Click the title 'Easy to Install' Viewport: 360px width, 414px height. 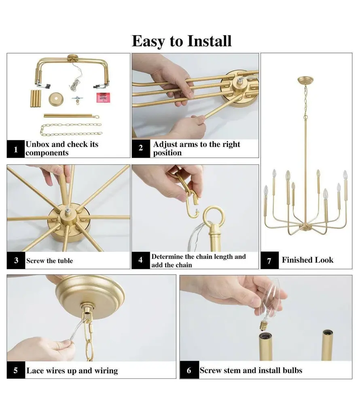click(182, 41)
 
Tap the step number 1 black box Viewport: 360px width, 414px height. click(16, 149)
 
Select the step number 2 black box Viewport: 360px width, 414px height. click(141, 148)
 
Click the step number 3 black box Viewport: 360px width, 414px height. click(16, 261)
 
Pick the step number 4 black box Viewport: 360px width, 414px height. click(141, 260)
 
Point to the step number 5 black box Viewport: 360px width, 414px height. click(16, 370)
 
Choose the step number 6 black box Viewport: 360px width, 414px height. click(189, 370)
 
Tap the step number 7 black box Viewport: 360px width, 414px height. click(270, 261)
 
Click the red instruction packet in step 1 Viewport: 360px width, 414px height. click(103, 97)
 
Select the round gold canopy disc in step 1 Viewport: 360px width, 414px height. click(56, 99)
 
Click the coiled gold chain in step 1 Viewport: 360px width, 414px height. click(71, 129)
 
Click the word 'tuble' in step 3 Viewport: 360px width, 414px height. click(65, 261)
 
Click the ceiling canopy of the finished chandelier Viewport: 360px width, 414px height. click(305, 80)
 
